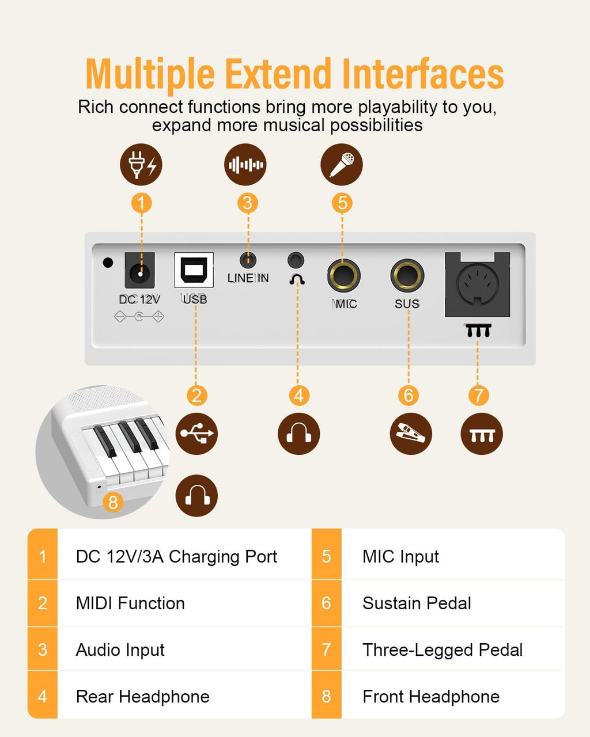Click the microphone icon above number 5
click(342, 165)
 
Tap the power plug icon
click(141, 165)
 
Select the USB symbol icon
click(196, 434)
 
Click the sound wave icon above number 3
click(245, 165)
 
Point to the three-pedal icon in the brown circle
click(482, 434)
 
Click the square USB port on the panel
click(194, 270)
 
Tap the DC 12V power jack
click(139, 271)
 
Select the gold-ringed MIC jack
click(343, 276)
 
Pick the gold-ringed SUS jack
click(407, 276)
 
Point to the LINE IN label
click(248, 278)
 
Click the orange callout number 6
click(409, 396)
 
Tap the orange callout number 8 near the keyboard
click(113, 503)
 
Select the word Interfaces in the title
click(423, 74)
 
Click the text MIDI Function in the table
click(130, 603)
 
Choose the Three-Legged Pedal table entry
click(442, 649)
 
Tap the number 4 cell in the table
click(43, 696)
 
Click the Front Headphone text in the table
click(431, 696)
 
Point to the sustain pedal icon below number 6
click(411, 434)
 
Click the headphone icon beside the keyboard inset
click(196, 496)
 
